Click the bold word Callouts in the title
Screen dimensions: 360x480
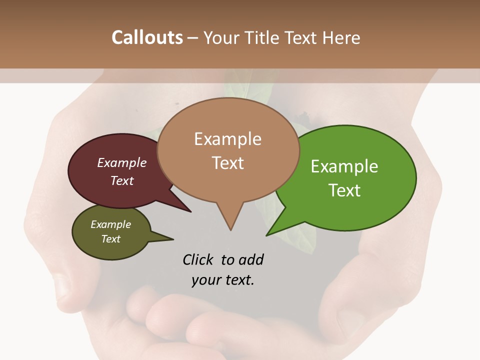point(147,37)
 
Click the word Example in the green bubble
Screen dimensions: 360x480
point(344,166)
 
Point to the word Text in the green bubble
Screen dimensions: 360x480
point(344,190)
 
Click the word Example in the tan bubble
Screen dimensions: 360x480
point(227,139)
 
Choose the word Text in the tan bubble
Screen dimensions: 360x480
point(228,162)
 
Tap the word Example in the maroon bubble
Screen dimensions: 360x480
point(122,162)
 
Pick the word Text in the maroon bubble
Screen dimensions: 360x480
point(122,180)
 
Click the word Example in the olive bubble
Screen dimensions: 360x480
point(110,224)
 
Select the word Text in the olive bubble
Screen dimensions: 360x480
point(110,239)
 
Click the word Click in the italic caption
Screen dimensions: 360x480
point(199,259)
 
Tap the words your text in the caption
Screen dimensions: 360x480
point(222,280)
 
